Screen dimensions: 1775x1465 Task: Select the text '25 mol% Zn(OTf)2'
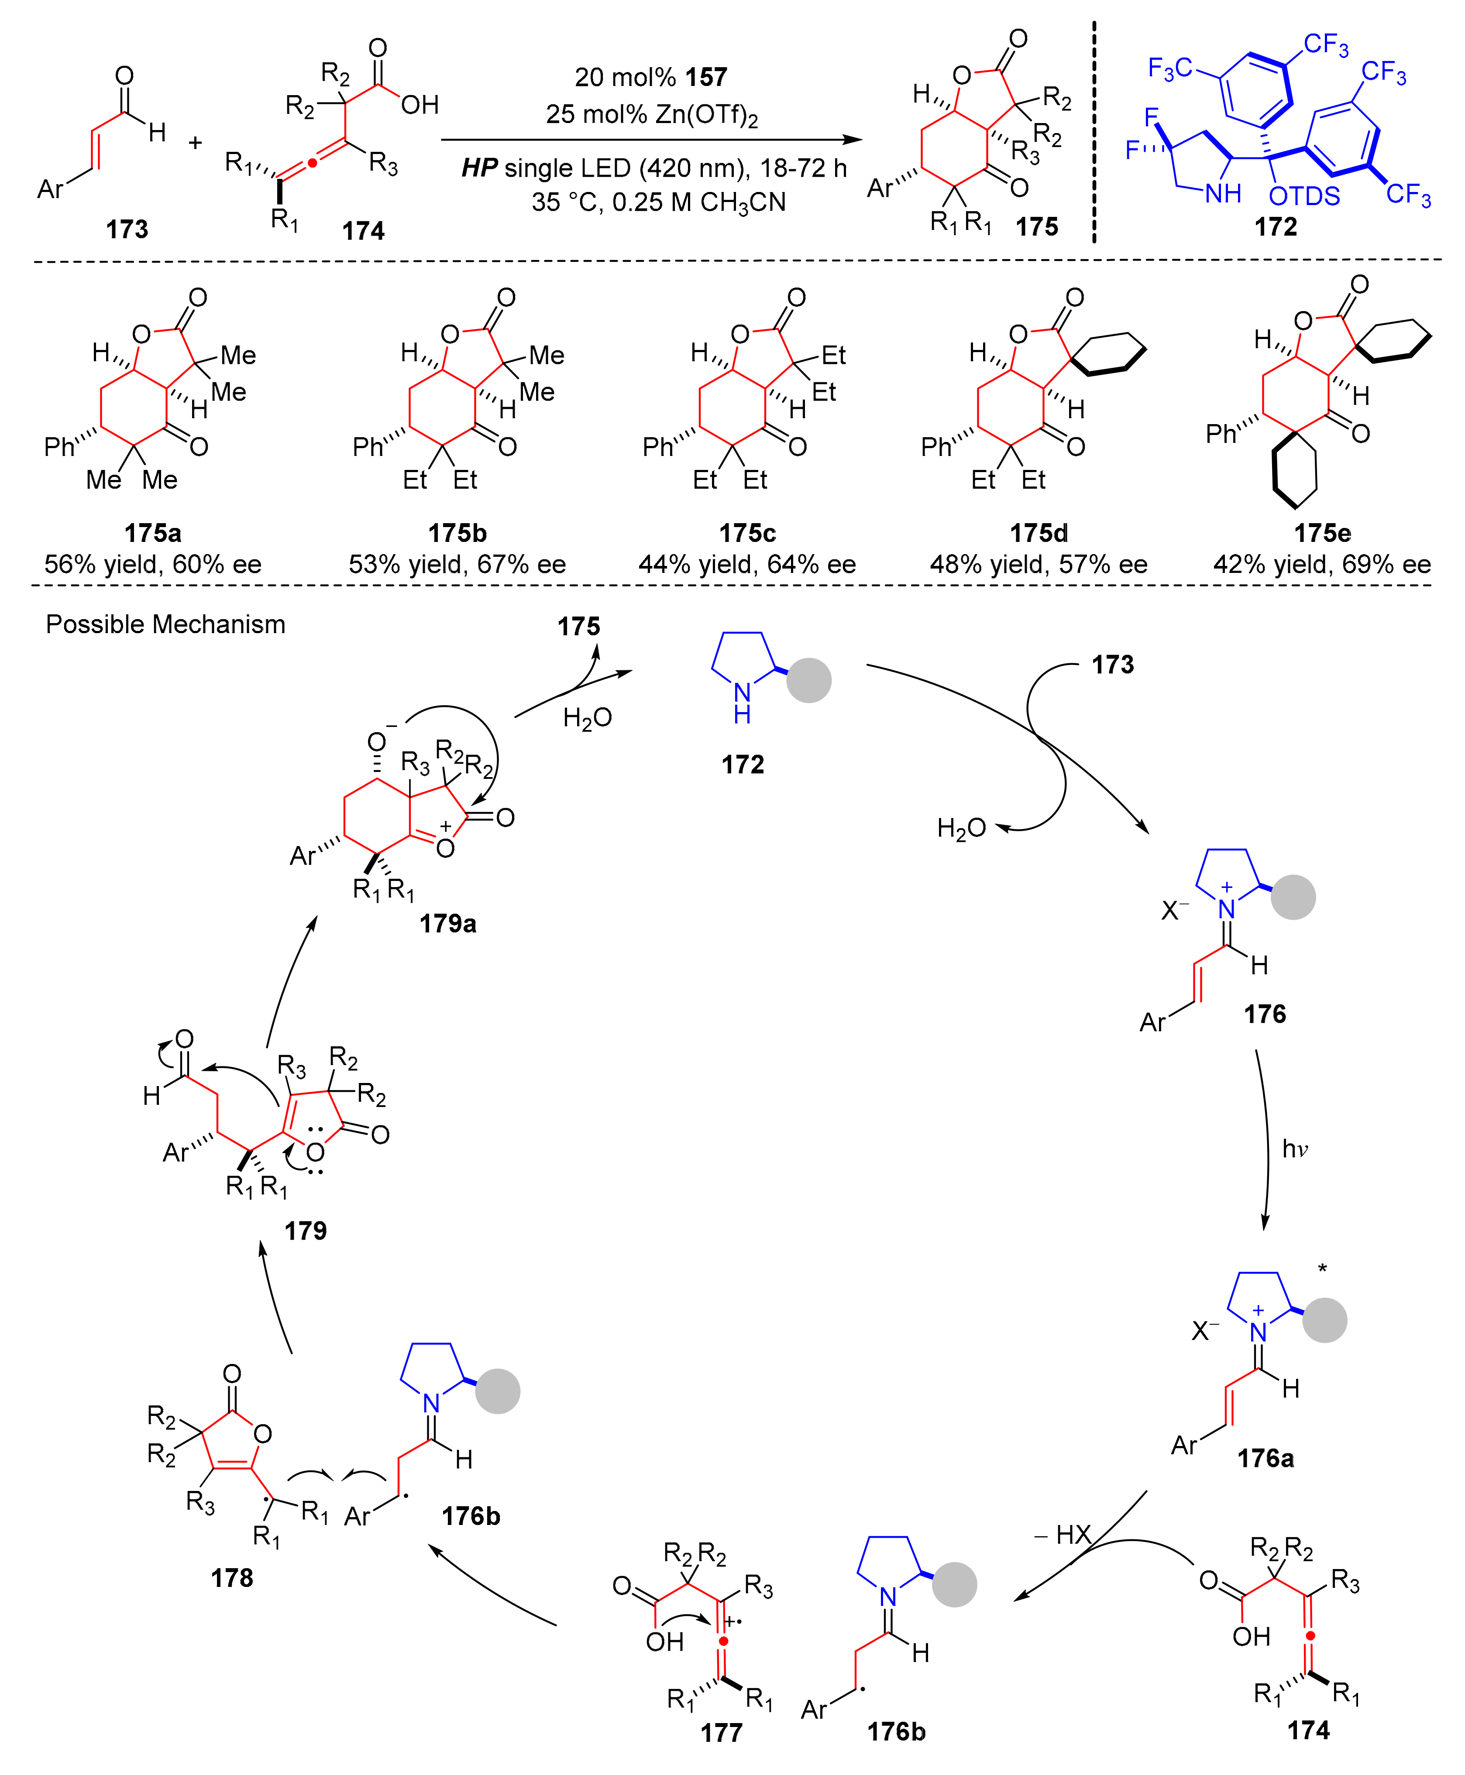(651, 114)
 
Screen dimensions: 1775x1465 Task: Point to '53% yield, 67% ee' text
(457, 564)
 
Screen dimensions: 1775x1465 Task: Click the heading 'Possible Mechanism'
(165, 624)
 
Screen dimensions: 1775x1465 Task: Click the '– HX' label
(1063, 1535)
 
